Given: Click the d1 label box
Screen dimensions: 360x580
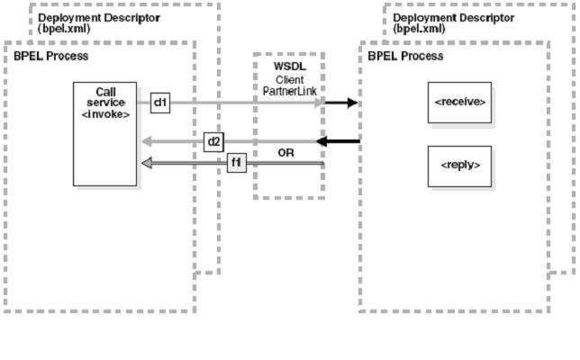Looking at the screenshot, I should pos(160,103).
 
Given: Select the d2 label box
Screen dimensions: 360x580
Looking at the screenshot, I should pos(214,141).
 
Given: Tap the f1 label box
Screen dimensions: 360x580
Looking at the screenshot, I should pos(236,163).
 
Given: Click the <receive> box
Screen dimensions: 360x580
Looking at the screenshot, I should pos(460,103).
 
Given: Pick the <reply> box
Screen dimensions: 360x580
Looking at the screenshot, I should pos(460,166).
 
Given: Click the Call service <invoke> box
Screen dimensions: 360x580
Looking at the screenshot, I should pos(105,135).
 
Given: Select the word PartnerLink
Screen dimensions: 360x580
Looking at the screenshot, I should pos(288,91).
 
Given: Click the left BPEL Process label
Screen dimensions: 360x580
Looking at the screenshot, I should pos(50,57).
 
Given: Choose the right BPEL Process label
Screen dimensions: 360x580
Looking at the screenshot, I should pos(405,57).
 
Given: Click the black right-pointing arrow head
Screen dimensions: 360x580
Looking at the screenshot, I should pos(352,103).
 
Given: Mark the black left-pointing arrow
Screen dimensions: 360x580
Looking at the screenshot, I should pos(338,141).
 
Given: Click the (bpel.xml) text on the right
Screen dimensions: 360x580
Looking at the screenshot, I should pos(419,29).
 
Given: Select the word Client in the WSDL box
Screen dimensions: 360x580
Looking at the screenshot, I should pos(288,79).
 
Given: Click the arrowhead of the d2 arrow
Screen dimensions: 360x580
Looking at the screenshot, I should pos(146,141).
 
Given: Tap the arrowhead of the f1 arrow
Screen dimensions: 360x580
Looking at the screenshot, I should pos(146,163).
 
